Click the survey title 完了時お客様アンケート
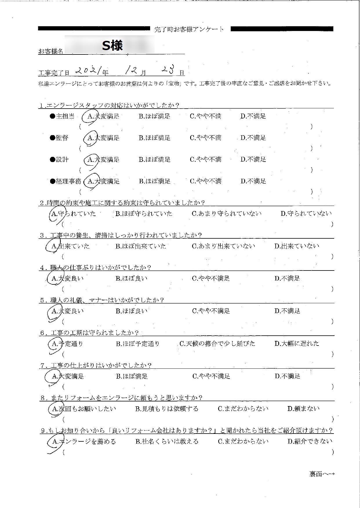click(x=189, y=29)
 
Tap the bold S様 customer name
click(x=112, y=45)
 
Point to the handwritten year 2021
click(x=88, y=70)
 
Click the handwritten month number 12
click(x=130, y=70)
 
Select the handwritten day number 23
click(x=168, y=70)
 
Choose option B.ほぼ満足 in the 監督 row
click(x=154, y=138)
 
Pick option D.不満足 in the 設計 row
click(x=253, y=160)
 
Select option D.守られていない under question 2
click(x=306, y=214)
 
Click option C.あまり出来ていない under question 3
click(x=223, y=246)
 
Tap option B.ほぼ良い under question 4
click(x=131, y=279)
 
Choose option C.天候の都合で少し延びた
click(x=217, y=344)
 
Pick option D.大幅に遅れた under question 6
click(x=297, y=344)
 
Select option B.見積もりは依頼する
click(x=167, y=409)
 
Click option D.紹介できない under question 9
click(x=310, y=441)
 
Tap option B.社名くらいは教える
click(x=167, y=442)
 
